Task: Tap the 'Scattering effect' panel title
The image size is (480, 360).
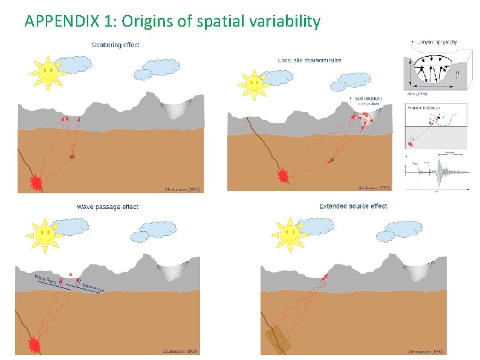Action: click(115, 44)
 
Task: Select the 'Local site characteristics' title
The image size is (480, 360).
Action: click(310, 60)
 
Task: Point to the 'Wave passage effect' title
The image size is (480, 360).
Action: click(108, 206)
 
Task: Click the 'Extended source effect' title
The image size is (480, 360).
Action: click(353, 206)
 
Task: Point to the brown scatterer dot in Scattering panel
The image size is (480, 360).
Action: click(72, 156)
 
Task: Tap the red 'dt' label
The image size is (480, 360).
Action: click(71, 275)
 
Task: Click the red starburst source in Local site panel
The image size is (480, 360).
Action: click(282, 176)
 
